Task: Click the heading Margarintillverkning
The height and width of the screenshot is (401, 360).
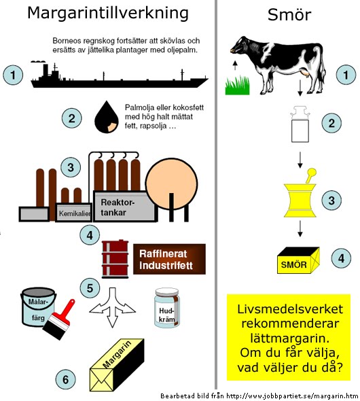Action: click(108, 14)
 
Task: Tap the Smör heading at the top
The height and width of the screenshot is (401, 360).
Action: click(289, 14)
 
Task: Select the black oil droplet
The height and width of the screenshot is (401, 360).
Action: click(107, 117)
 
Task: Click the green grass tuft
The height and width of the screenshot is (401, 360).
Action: click(237, 86)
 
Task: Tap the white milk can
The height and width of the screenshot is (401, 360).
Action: click(300, 124)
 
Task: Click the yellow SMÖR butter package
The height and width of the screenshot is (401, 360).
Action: click(298, 260)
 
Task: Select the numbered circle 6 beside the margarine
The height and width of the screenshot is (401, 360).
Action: click(66, 379)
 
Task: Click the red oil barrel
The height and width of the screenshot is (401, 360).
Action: click(115, 259)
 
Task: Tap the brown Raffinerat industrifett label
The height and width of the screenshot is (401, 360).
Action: click(169, 259)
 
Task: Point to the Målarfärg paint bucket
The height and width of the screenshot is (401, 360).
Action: click(38, 307)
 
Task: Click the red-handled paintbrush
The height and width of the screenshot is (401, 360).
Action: click(59, 319)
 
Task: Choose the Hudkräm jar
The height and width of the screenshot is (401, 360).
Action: click(167, 308)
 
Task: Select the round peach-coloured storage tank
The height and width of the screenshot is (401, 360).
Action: click(171, 184)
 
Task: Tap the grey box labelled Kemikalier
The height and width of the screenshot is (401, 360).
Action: click(73, 212)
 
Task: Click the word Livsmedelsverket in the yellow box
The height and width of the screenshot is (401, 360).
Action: click(290, 309)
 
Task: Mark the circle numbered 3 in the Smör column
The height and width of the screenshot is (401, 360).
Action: click(331, 201)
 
